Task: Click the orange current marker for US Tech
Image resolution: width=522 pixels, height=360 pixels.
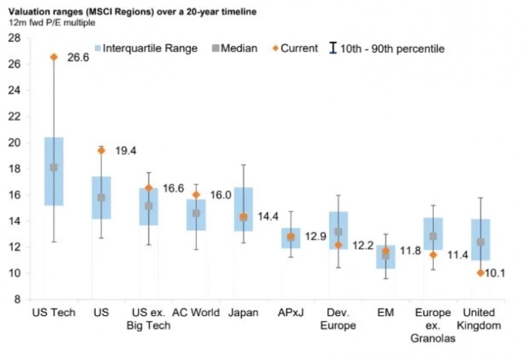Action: pos(54,57)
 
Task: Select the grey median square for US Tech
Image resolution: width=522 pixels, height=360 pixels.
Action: pos(54,167)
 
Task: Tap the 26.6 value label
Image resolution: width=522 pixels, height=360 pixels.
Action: pos(77,58)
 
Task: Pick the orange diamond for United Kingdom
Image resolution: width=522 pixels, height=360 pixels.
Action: pos(480,273)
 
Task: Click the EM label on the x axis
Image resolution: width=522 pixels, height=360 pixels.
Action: pos(386,313)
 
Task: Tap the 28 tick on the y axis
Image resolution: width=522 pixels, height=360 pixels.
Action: pos(14,38)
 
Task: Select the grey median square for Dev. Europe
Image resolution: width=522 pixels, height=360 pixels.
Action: pos(338,232)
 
